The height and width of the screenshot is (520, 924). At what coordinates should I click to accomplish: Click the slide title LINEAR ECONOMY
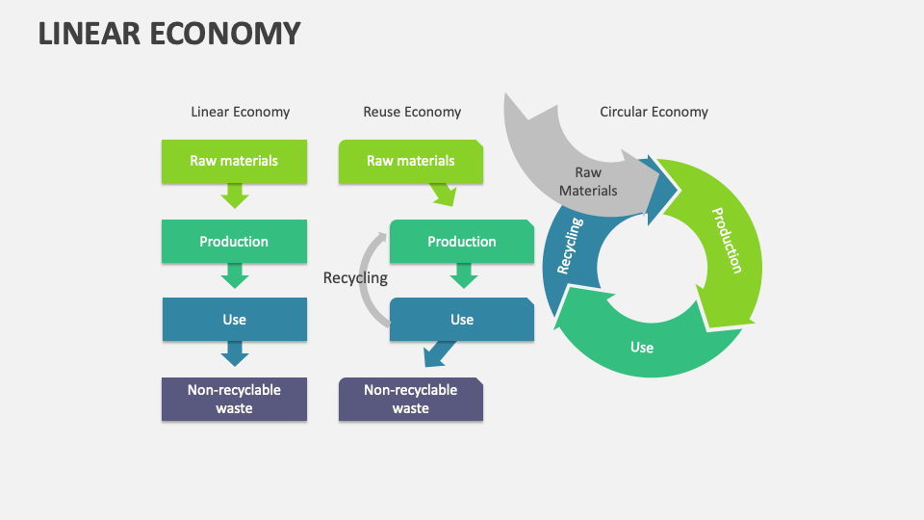(x=169, y=34)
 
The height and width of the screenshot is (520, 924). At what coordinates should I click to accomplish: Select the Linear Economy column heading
(x=240, y=112)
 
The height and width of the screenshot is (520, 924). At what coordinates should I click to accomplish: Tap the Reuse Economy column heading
(x=411, y=112)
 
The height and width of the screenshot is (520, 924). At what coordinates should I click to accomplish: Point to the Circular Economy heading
(x=654, y=112)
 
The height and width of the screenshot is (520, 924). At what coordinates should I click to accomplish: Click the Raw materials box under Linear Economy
(x=234, y=161)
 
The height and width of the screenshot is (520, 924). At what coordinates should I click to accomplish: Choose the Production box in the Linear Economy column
(x=234, y=242)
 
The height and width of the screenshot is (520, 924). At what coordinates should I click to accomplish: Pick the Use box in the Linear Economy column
(x=234, y=320)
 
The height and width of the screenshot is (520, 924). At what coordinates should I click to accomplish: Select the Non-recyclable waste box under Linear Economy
(x=234, y=399)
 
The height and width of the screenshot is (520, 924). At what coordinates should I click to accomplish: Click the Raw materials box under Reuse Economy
(x=411, y=161)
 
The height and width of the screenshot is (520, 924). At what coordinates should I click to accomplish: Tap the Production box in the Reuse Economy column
(x=461, y=242)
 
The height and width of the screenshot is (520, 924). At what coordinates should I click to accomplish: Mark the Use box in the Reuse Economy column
(x=461, y=320)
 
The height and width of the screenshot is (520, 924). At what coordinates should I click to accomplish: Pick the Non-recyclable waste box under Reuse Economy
(x=411, y=399)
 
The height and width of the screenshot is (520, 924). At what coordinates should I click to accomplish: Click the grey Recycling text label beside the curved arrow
(x=355, y=278)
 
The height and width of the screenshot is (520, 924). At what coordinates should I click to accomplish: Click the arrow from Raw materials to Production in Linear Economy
(x=234, y=197)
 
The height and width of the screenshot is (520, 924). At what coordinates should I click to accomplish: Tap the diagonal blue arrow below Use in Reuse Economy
(x=440, y=353)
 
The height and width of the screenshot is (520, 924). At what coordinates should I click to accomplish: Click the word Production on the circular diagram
(x=726, y=240)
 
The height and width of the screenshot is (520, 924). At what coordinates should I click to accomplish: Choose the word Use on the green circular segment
(x=642, y=347)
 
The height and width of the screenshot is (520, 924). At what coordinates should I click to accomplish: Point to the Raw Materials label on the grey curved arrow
(x=588, y=181)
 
